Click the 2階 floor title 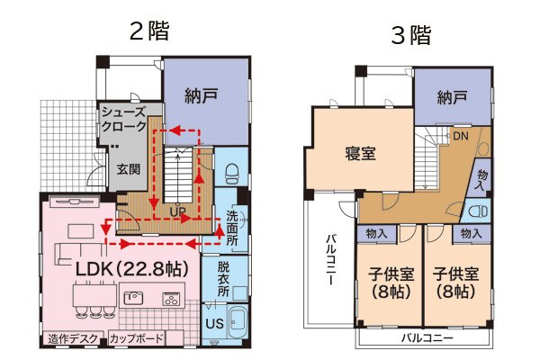[x=148, y=30]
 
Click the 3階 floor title [x=409, y=35]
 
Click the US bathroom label [x=213, y=322]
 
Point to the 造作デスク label [x=72, y=340]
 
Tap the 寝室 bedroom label [x=359, y=154]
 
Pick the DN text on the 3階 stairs [x=460, y=136]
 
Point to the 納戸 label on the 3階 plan [x=454, y=96]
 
